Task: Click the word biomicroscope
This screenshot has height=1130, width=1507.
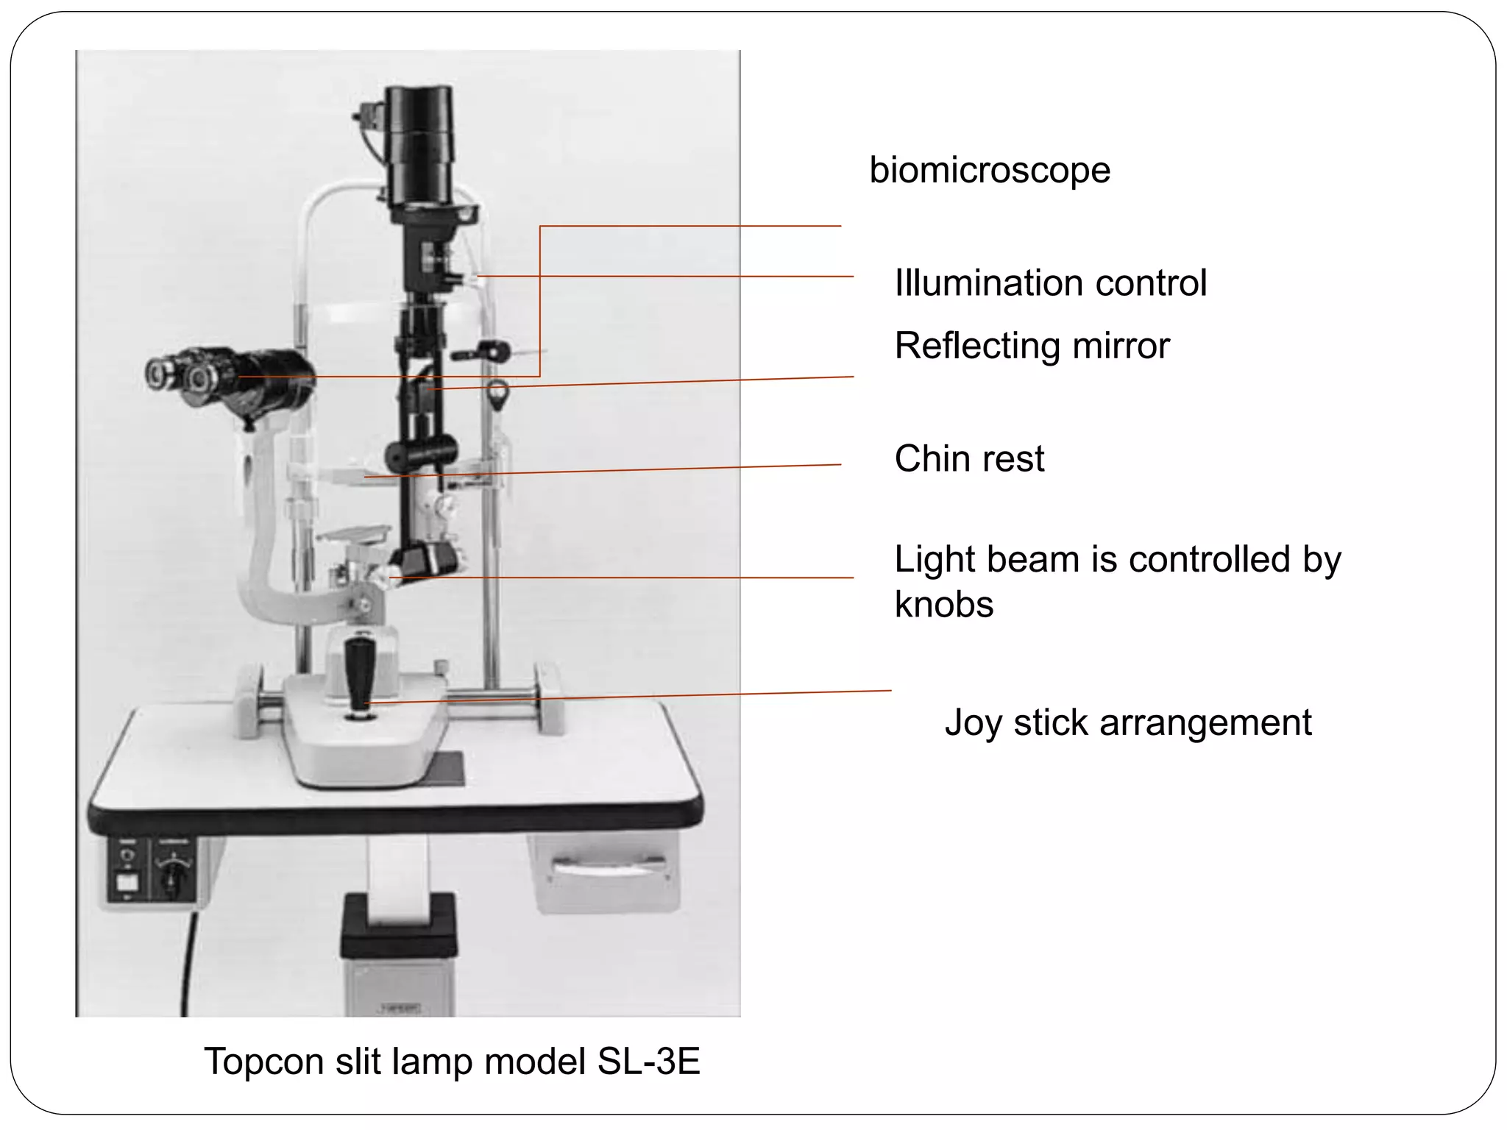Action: tap(990, 171)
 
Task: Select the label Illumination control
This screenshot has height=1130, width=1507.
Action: tap(1050, 283)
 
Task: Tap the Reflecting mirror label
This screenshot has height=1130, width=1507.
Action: tap(1032, 346)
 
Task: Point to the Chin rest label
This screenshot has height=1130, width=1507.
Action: tap(969, 459)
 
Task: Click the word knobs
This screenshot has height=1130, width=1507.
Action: tap(944, 605)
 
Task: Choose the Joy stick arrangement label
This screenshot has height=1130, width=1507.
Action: tap(1128, 722)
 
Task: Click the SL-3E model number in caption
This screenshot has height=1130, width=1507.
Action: tap(648, 1062)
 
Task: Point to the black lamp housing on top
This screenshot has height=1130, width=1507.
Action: tap(419, 143)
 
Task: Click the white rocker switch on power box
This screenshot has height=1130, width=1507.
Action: tap(127, 882)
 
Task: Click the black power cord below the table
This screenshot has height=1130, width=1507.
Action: tap(188, 964)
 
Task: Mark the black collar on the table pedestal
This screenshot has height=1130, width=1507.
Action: tap(398, 923)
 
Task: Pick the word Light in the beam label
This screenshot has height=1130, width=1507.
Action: tap(935, 560)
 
